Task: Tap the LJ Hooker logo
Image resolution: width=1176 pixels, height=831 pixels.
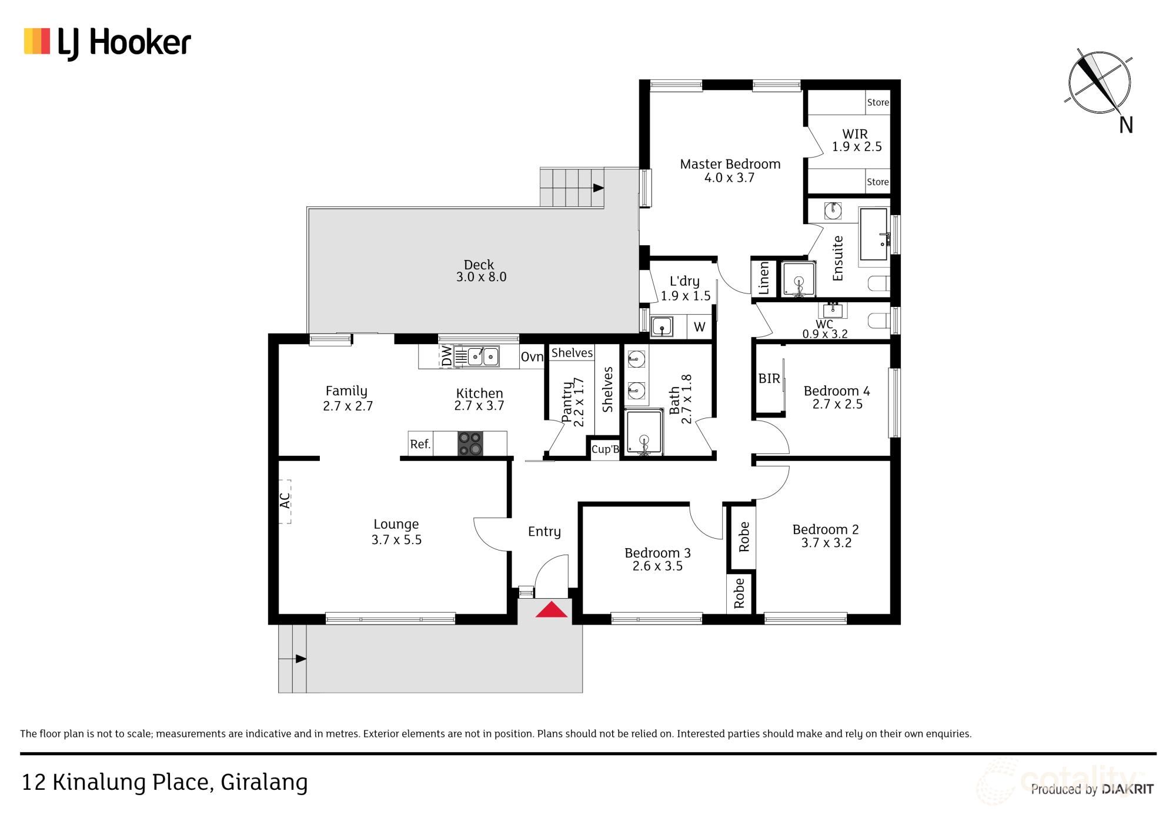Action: click(x=108, y=43)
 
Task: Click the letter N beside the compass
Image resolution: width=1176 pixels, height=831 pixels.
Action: click(x=1125, y=125)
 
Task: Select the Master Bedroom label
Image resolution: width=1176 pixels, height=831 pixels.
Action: click(x=730, y=164)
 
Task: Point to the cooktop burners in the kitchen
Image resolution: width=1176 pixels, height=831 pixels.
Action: click(x=470, y=443)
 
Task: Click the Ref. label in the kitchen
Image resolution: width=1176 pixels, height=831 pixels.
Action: click(x=420, y=444)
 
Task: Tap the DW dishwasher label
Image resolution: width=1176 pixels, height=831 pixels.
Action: click(x=447, y=356)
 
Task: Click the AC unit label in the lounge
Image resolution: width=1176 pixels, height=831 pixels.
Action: click(x=285, y=501)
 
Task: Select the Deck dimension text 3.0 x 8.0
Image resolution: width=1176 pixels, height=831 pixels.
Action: click(x=480, y=277)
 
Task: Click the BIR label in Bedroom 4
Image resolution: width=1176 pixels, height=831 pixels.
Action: click(x=769, y=379)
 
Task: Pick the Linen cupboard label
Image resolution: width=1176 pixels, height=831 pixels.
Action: click(x=764, y=278)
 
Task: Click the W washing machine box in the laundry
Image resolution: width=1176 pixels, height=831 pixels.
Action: click(x=699, y=327)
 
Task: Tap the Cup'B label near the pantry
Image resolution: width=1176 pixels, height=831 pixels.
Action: click(x=605, y=450)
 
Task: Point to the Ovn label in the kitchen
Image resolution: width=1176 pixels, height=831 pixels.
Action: click(x=532, y=357)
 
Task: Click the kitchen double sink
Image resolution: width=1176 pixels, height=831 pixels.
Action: click(x=483, y=356)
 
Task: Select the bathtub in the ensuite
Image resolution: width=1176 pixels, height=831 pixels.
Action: click(x=874, y=234)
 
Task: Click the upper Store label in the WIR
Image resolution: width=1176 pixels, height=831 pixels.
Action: click(x=877, y=102)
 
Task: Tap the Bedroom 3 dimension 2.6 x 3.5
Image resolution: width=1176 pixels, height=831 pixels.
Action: click(x=657, y=566)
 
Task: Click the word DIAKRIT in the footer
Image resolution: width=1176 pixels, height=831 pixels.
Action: click(x=1127, y=789)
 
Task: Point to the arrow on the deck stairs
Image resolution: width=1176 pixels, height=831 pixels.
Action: click(x=598, y=188)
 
